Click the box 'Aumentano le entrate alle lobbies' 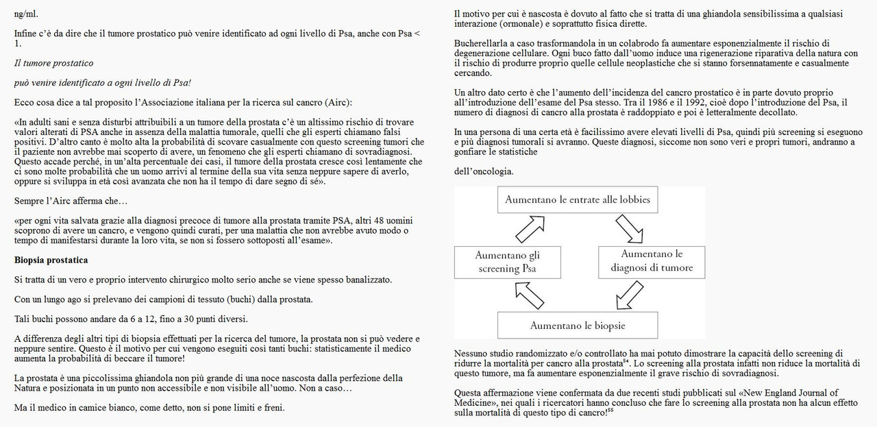577,200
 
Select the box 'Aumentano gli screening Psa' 507,262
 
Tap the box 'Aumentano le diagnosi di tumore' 652,261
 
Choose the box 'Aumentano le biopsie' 578,326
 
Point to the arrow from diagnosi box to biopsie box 630,295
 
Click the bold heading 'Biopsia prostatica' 51,260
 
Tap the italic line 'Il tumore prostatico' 53,63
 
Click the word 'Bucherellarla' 483,43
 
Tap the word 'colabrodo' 622,43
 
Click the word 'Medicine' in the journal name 474,402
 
